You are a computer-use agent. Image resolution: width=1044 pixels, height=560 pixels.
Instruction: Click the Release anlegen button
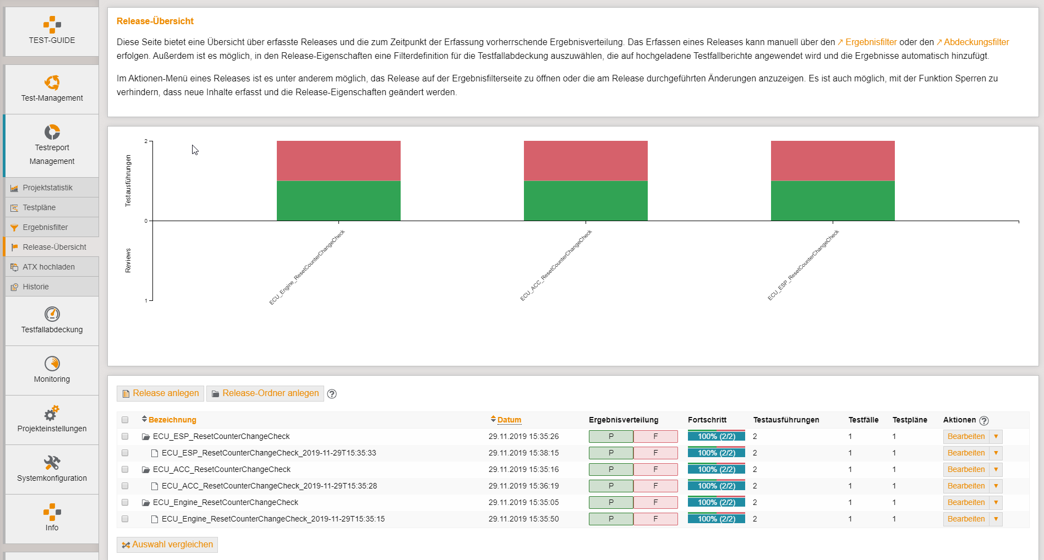[x=160, y=393]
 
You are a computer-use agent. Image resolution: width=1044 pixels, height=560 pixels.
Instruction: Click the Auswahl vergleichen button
[x=167, y=545]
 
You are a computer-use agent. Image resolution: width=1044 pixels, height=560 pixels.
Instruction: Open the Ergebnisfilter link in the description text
[x=871, y=42]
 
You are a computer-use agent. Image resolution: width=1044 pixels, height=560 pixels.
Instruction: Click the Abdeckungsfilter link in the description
[x=976, y=42]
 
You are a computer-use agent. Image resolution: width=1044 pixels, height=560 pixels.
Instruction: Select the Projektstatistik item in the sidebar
[x=47, y=188]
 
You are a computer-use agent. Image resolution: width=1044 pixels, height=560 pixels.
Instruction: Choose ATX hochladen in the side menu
[x=48, y=267]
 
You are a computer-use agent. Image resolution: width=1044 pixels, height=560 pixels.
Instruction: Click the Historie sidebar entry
[x=36, y=287]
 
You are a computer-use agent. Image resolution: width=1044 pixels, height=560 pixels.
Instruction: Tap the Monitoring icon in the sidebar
[x=52, y=364]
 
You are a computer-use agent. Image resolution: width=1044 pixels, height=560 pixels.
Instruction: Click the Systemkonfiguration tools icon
[x=52, y=463]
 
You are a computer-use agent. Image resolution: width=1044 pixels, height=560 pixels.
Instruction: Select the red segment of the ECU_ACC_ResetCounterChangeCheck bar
[x=586, y=161]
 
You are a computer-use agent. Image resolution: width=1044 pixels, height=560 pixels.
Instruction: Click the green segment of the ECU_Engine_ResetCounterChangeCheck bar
[x=338, y=201]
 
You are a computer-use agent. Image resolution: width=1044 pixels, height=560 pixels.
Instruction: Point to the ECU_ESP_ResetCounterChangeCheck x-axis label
[x=804, y=265]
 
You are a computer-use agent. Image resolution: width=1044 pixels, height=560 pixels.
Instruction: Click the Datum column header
[x=509, y=420]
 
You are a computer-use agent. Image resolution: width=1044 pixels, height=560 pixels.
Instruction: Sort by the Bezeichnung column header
[x=172, y=420]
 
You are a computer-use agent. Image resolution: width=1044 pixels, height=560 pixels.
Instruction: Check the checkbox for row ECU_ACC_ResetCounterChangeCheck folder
[x=125, y=469]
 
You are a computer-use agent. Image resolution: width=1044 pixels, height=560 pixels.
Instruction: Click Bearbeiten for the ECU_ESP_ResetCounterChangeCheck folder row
[x=966, y=436]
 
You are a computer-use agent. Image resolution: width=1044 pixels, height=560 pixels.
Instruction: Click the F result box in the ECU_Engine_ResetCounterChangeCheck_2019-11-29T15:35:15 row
[x=655, y=519]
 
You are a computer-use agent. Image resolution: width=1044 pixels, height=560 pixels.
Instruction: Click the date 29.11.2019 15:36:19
[x=523, y=486]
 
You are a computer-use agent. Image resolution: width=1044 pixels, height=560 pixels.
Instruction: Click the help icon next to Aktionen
[x=984, y=420]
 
